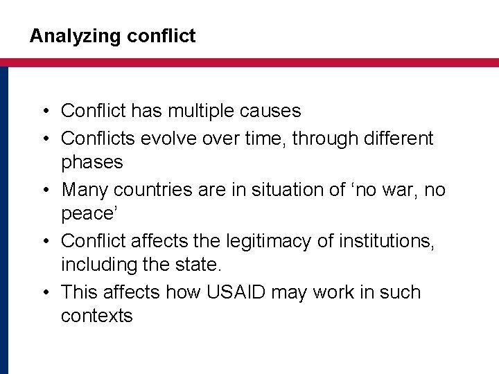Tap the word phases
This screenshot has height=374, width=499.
tap(91, 163)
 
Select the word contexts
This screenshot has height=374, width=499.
tap(96, 317)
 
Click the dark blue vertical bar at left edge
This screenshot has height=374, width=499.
tap(3, 222)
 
